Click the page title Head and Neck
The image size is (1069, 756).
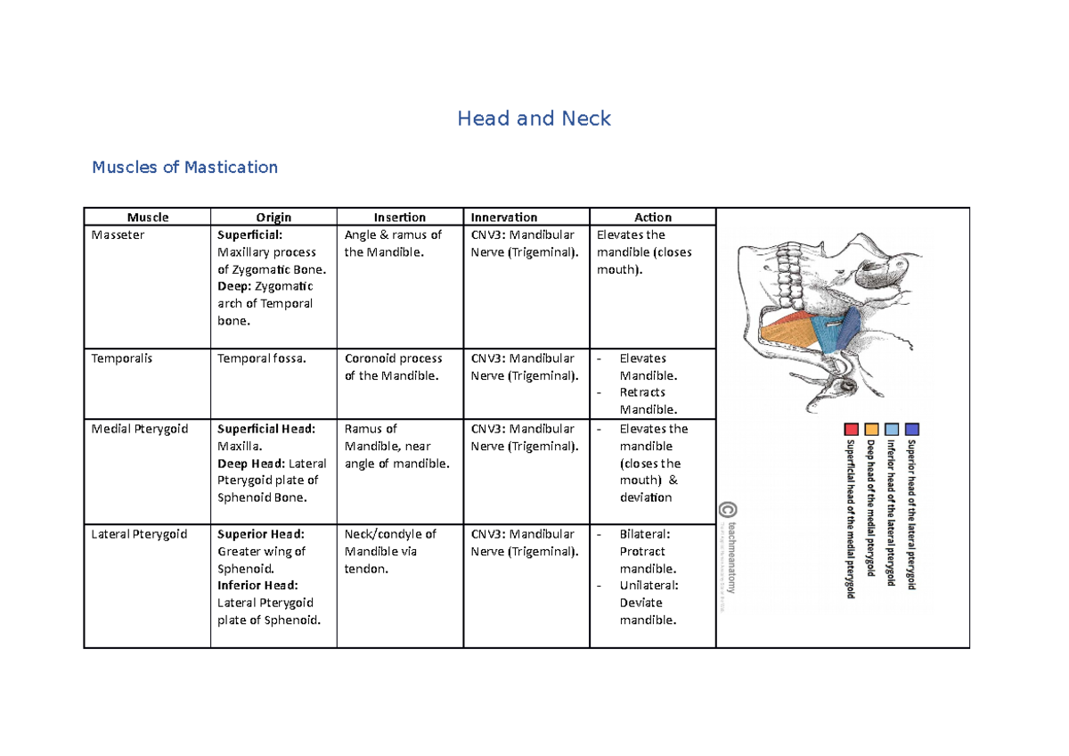pos(534,119)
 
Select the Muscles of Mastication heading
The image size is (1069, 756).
pos(184,167)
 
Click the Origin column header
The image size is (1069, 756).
pos(273,217)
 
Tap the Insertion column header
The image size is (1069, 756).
pos(400,217)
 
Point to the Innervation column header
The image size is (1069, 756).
pos(504,217)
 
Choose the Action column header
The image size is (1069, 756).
pos(653,217)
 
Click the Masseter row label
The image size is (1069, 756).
pos(118,235)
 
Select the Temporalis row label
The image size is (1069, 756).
pos(122,358)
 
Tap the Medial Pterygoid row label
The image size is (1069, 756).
pos(140,429)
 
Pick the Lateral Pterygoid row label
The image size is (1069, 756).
pos(140,534)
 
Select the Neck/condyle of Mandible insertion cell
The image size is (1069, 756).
pos(390,551)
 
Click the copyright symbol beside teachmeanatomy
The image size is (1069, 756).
pos(728,510)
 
